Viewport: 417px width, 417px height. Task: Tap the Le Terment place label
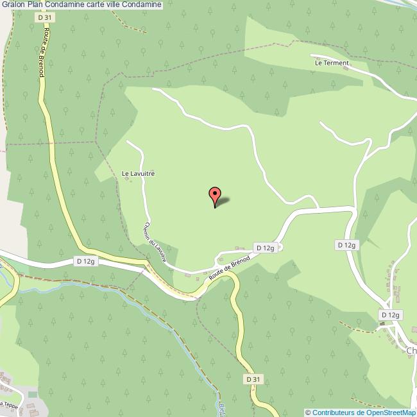pos(332,64)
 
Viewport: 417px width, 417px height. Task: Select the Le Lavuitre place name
pos(139,173)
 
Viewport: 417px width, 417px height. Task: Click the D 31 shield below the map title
pos(44,18)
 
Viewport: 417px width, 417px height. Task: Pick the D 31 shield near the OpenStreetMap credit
pos(253,379)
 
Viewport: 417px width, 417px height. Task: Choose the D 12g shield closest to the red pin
pos(265,247)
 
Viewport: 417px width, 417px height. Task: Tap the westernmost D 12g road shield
pos(85,261)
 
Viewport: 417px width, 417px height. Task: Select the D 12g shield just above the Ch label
pos(390,315)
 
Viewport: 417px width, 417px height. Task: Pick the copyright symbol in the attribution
pos(308,413)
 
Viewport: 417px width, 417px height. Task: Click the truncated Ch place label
pos(411,351)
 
